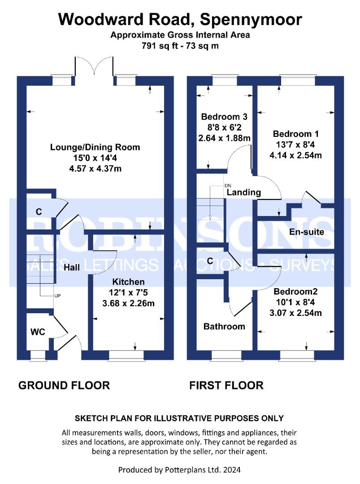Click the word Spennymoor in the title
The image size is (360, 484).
251,20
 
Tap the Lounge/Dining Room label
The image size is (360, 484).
95,147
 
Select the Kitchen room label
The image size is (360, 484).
128,282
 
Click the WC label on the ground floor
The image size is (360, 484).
38,332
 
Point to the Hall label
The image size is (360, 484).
72,267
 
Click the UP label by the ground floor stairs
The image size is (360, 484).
57,296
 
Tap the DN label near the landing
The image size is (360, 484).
228,186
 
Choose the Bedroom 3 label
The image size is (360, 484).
224,117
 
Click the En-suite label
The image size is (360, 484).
307,232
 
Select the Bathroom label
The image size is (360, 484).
224,326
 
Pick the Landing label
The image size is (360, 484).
244,192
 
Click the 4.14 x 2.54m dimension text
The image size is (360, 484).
295,155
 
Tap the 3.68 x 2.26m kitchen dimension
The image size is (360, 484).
128,303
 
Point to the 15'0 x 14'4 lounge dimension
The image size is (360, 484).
95,158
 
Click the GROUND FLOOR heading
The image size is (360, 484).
64,385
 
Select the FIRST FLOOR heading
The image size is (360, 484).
226,385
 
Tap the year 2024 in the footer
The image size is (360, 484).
232,470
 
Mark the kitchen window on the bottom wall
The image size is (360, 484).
126,355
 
